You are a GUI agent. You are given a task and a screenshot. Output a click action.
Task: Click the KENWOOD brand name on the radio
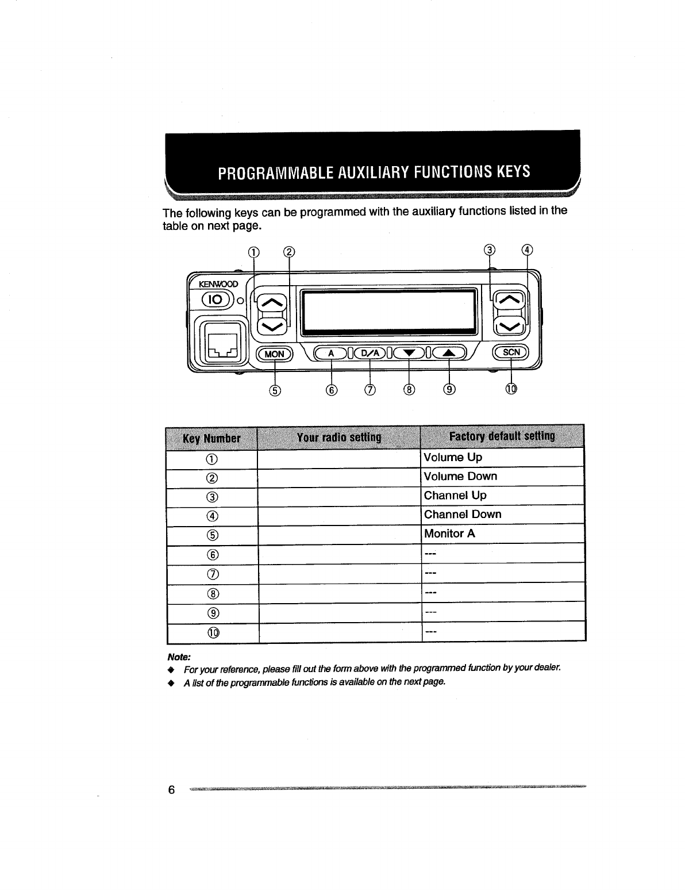click(x=218, y=284)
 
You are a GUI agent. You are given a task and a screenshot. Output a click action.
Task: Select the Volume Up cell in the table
click(x=453, y=458)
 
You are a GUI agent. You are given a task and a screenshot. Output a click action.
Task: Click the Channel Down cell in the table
click(x=463, y=515)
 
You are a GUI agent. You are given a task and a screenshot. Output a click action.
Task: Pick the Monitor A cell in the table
click(x=449, y=534)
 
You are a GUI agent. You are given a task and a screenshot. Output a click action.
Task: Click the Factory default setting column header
click(x=502, y=436)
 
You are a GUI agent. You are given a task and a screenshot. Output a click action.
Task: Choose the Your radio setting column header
click(x=338, y=438)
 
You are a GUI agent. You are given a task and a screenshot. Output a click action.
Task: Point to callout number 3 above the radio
click(x=489, y=250)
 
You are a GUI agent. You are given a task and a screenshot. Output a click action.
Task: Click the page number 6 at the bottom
click(x=171, y=789)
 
